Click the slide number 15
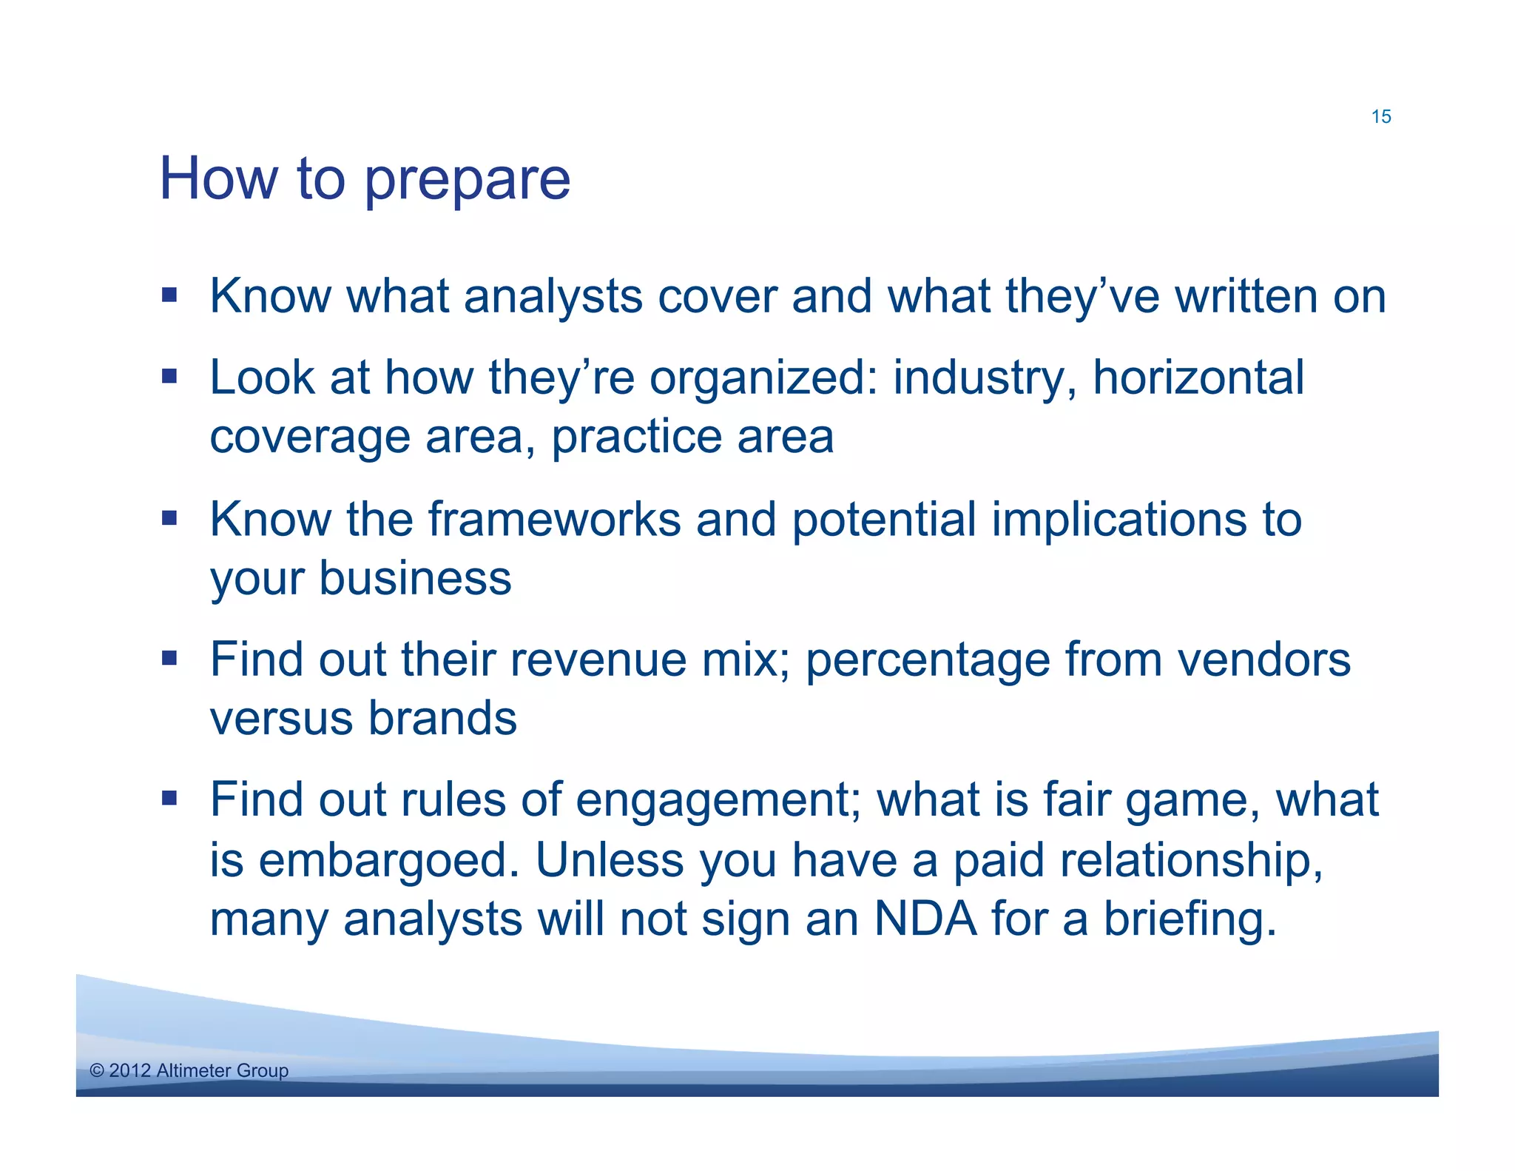1380,117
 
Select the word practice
635,437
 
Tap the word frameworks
554,519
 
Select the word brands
442,719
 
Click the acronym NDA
924,919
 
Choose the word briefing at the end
1190,919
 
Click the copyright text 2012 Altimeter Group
189,1070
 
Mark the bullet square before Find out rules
169,798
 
